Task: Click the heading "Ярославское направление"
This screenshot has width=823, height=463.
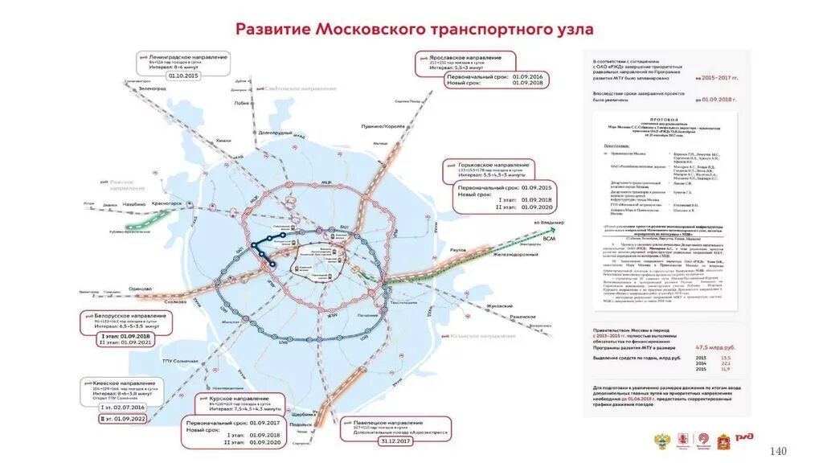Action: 467,58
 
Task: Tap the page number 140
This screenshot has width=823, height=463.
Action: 779,450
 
